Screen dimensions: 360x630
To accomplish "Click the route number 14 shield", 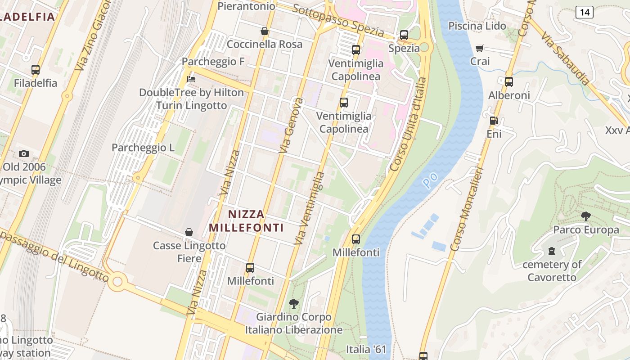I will click(x=584, y=12).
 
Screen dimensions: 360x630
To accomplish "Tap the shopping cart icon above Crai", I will click(x=480, y=48).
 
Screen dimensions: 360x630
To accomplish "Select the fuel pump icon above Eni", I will click(x=494, y=121).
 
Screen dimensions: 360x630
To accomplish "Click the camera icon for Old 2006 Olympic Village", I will click(x=24, y=153).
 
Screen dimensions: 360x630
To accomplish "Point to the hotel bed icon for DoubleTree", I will click(x=191, y=79).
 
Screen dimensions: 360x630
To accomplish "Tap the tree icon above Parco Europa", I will click(x=585, y=216).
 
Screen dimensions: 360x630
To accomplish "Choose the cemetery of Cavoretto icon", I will click(x=552, y=251).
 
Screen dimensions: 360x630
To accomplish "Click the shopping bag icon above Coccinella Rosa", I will click(x=265, y=31).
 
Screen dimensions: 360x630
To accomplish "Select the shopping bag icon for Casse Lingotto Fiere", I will click(x=189, y=232).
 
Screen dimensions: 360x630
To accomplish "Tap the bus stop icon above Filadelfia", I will click(x=36, y=70).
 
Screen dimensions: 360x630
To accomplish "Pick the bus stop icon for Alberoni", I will click(x=509, y=82).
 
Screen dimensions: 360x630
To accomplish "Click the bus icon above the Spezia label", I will click(x=404, y=35).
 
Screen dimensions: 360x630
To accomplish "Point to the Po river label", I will click(x=430, y=180).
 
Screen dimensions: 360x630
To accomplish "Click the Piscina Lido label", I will click(x=477, y=26).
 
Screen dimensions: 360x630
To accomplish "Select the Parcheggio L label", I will click(x=143, y=148).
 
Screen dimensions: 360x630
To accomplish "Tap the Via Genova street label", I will click(x=291, y=125).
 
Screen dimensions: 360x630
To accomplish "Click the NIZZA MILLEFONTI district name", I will click(x=247, y=221).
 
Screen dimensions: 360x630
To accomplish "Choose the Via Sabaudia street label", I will click(x=565, y=58).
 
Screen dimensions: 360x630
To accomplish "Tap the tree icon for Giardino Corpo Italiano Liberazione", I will click(x=294, y=304).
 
